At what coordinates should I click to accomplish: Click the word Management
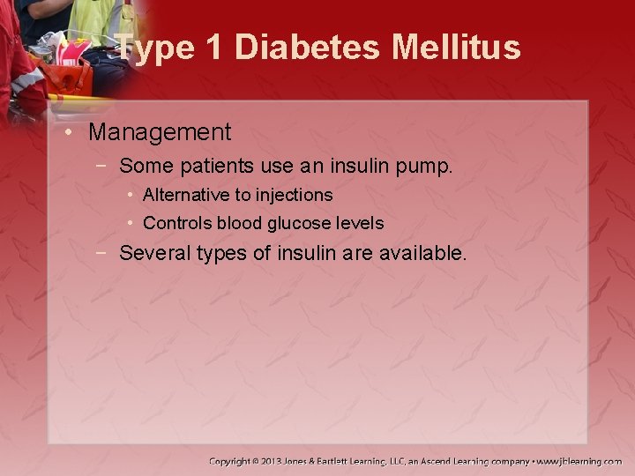[160, 132]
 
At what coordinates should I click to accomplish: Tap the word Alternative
[190, 194]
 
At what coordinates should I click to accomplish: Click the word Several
[152, 253]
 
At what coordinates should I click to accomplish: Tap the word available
[422, 253]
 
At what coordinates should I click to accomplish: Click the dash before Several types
[104, 253]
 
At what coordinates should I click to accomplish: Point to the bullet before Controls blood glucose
[131, 223]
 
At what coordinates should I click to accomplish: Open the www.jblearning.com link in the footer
[579, 461]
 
